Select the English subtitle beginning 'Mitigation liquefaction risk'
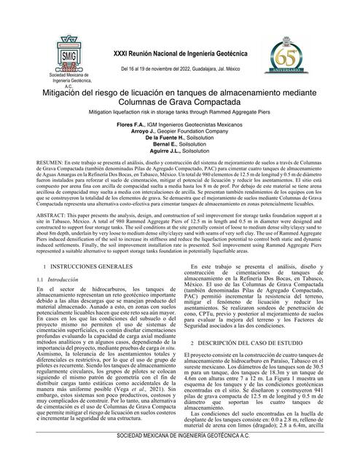click(180, 114)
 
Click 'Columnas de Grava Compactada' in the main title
click(179, 103)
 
